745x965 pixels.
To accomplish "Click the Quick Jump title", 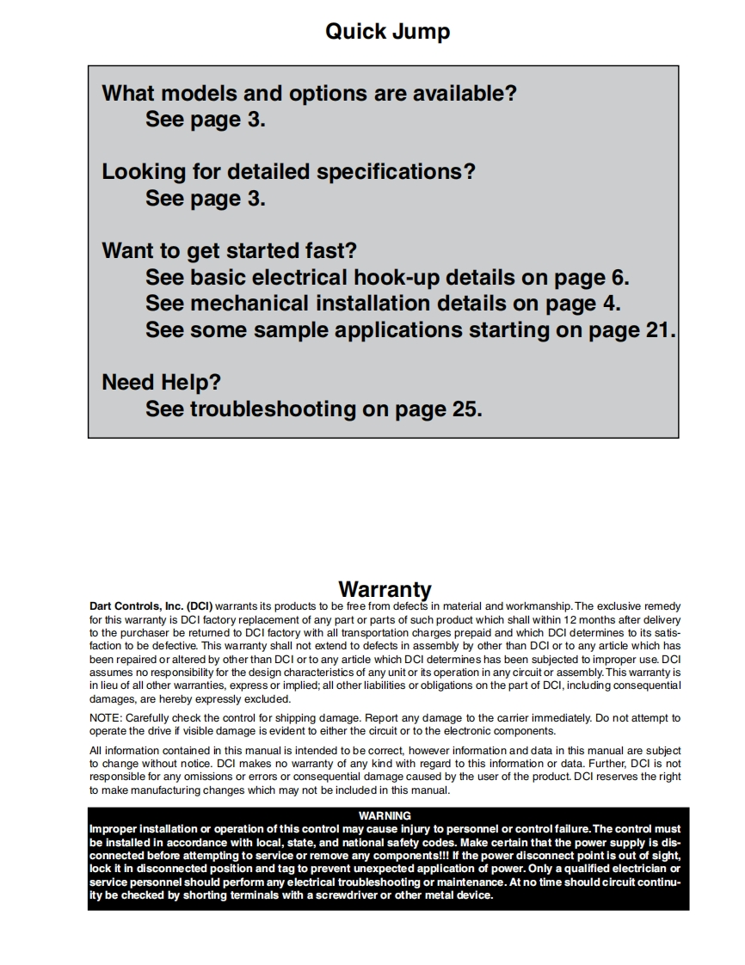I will pos(387,32).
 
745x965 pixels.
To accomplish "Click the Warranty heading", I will pos(385,589).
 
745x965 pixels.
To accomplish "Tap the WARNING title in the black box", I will pos(385,815).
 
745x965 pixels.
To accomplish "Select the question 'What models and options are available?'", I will pos(309,93).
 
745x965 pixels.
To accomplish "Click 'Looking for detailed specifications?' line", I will pos(288,172).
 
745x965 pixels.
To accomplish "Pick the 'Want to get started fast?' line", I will pos(229,251).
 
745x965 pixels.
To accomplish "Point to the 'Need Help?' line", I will pos(161,382).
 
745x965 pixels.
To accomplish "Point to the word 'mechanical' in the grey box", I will pos(249,304).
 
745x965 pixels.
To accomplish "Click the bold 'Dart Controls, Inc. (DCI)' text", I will pos(151,606).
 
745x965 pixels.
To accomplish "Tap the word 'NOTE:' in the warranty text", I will pos(106,717).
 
